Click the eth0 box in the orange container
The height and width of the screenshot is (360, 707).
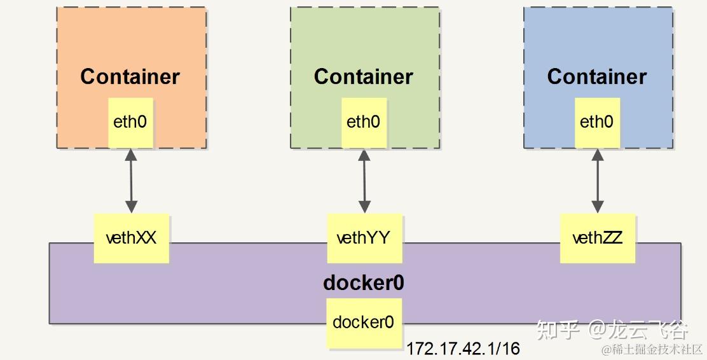(x=130, y=122)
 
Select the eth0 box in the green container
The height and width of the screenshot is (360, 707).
(x=364, y=122)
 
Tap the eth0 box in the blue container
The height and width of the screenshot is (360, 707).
(x=597, y=122)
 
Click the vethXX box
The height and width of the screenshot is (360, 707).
(x=131, y=239)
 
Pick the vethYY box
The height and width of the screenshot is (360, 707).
(x=364, y=239)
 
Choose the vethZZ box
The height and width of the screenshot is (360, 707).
(x=597, y=239)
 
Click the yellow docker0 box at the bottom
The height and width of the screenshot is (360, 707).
(x=364, y=322)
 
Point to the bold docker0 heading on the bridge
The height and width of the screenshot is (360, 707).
(x=364, y=283)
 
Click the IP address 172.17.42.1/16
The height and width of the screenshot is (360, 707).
(x=463, y=349)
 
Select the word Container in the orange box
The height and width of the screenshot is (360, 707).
(x=130, y=77)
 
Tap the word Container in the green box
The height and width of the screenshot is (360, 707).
(x=364, y=77)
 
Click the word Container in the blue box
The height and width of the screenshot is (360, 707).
(x=597, y=77)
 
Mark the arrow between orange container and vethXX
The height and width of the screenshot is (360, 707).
(x=131, y=181)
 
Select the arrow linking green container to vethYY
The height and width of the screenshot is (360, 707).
(x=364, y=181)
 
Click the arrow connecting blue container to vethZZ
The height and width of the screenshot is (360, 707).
(x=598, y=181)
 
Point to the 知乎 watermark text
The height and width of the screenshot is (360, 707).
(x=558, y=329)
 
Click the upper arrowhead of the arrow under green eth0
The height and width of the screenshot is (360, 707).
(x=364, y=154)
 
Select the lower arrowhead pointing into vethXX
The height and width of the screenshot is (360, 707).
(x=131, y=207)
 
